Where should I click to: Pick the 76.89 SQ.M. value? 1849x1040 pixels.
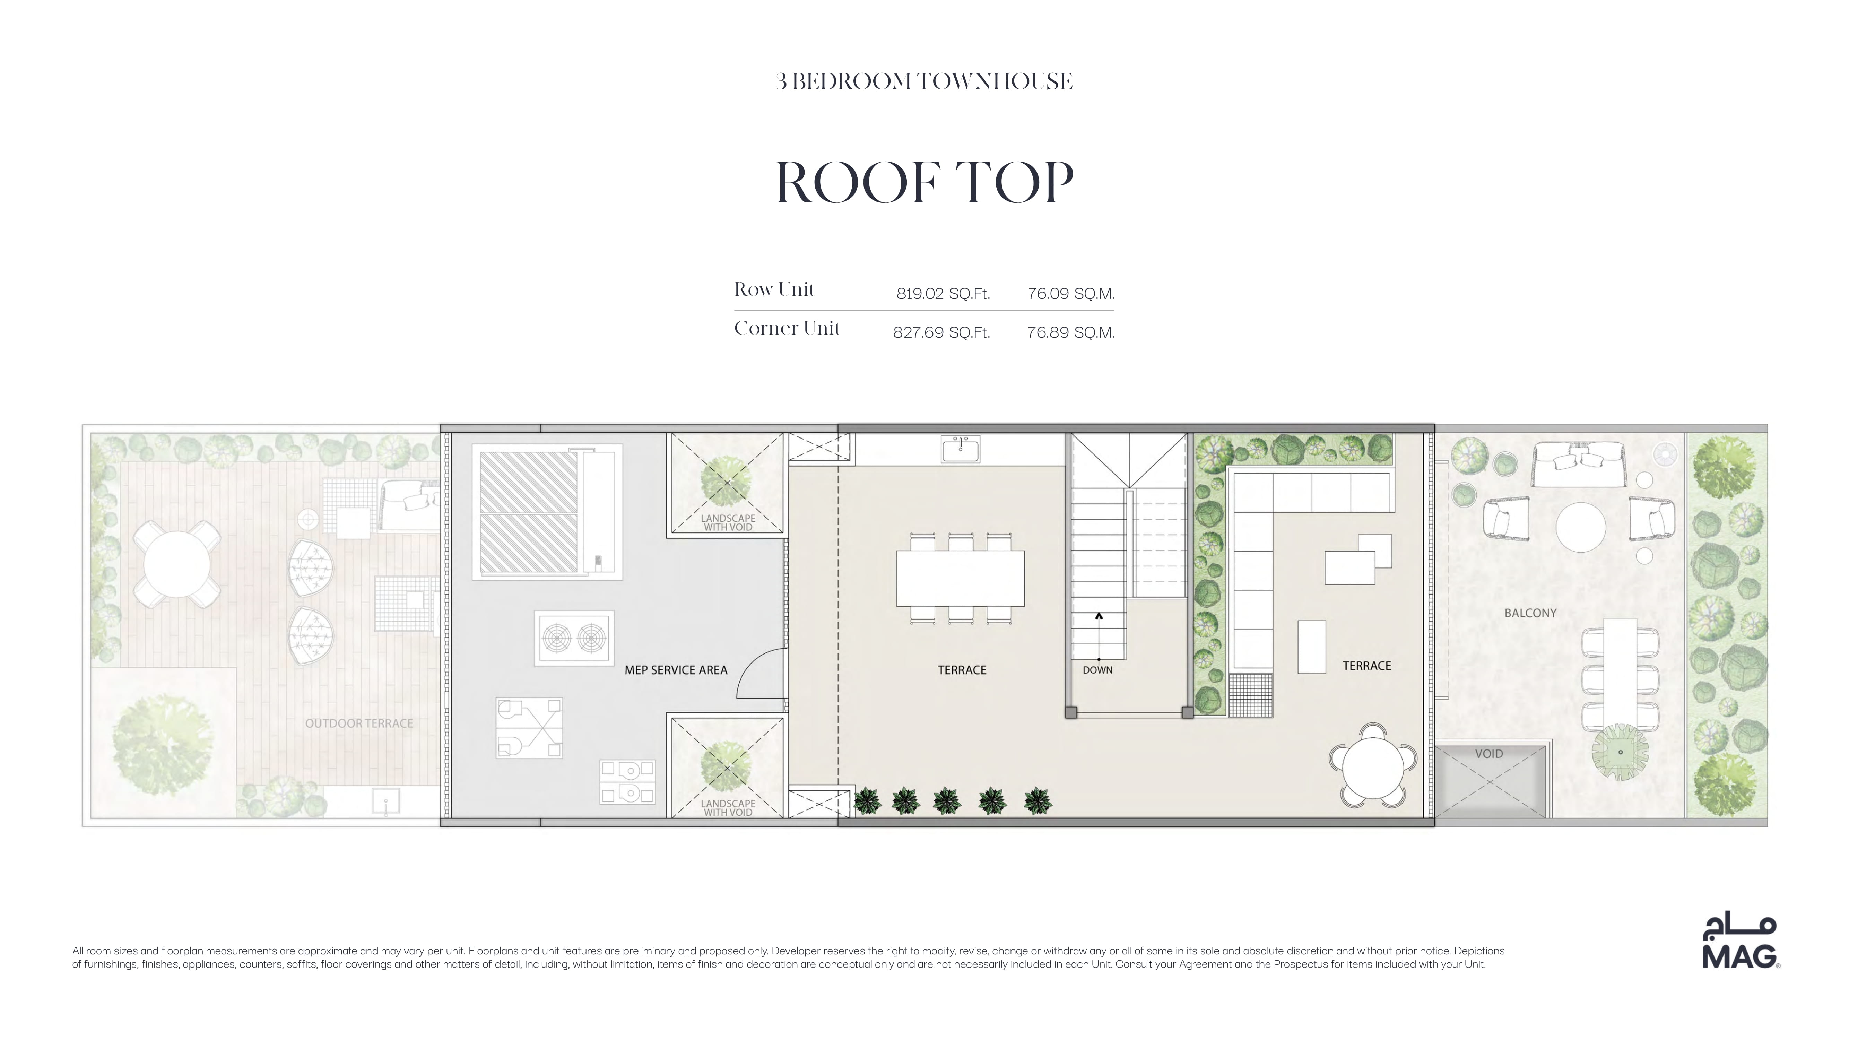[1070, 332]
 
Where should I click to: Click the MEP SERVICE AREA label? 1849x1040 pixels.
[675, 670]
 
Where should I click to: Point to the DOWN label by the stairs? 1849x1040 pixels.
[1097, 670]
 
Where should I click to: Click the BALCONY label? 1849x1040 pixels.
[1530, 613]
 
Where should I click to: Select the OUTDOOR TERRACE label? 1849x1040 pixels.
[359, 723]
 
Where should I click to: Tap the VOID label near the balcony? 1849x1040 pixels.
[1489, 754]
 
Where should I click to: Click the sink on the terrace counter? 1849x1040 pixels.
[961, 449]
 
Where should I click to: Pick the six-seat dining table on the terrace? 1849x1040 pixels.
[961, 579]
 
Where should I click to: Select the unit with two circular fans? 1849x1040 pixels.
[574, 638]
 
